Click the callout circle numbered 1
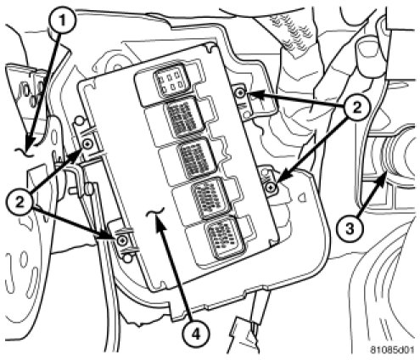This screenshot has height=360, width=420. coord(62,20)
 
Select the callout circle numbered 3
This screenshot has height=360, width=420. coord(350,228)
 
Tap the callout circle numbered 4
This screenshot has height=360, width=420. coord(196,335)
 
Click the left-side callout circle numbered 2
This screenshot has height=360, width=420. coord(20,203)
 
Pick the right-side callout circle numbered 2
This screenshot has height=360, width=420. coord(356,107)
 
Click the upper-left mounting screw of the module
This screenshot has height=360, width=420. coord(87,144)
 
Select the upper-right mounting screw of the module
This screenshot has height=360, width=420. coord(240,93)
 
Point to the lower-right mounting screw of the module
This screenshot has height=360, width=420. coord(272,187)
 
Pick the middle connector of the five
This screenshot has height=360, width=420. coord(197,159)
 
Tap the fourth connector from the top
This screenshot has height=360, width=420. coord(211,198)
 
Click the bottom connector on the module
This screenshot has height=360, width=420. coord(225,239)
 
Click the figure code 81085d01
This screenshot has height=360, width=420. coord(392,350)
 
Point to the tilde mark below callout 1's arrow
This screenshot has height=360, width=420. coord(24,153)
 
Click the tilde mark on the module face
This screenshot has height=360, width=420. coord(155,213)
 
